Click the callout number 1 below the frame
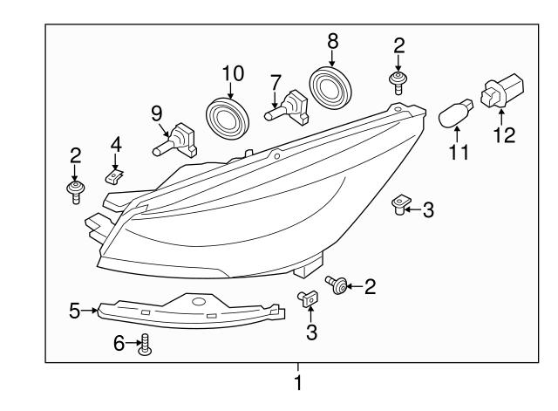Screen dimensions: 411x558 click(x=298, y=382)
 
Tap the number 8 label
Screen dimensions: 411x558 click(x=332, y=40)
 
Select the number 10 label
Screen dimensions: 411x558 click(x=232, y=73)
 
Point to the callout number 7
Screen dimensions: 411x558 click(x=276, y=82)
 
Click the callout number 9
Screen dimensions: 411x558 click(x=156, y=113)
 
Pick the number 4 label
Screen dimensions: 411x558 click(x=115, y=142)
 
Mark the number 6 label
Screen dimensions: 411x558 click(x=119, y=345)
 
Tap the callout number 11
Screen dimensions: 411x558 click(x=459, y=154)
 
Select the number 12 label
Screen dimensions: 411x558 click(x=504, y=134)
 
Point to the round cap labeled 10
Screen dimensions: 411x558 click(x=228, y=116)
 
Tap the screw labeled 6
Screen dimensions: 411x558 click(x=146, y=346)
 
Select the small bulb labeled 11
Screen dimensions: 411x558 click(x=453, y=114)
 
